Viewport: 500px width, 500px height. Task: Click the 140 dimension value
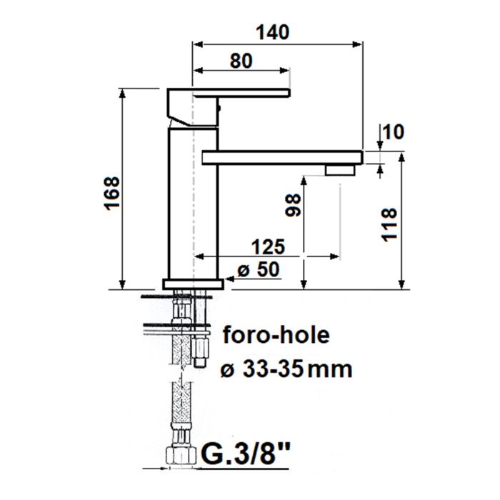click(x=273, y=32)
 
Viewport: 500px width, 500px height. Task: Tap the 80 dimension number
click(x=241, y=61)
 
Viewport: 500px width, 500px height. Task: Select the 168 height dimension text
click(x=113, y=194)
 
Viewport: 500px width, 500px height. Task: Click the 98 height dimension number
click(x=293, y=206)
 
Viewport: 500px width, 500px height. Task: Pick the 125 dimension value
click(x=268, y=246)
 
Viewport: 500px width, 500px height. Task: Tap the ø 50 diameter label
click(x=259, y=270)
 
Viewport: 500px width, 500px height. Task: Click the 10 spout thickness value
click(x=393, y=131)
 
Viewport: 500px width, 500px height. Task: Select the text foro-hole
click(x=276, y=335)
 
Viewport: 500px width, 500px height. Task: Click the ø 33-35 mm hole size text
click(x=286, y=369)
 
